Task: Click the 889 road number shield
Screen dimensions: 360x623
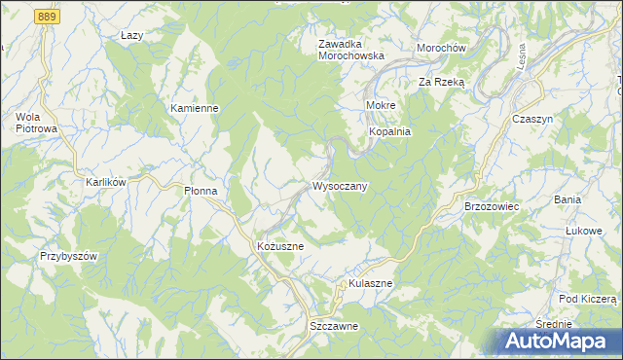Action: [x=45, y=18]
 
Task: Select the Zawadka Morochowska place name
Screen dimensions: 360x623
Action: [x=351, y=50]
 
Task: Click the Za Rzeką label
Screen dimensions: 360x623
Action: [x=443, y=83]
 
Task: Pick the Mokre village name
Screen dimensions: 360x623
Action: [x=379, y=103]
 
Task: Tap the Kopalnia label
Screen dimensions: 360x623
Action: [x=389, y=131]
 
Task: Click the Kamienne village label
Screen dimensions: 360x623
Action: [x=194, y=108]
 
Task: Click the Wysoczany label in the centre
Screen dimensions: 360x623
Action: [x=339, y=186]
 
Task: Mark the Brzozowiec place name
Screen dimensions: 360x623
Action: [x=492, y=207]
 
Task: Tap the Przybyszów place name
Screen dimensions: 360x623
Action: [x=69, y=255]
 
